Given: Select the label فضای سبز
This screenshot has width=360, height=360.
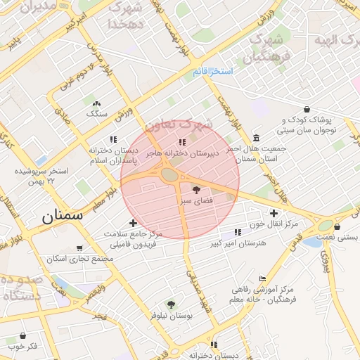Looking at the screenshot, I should [196, 200].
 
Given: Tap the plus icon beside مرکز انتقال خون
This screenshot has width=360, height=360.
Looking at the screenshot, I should [274, 212].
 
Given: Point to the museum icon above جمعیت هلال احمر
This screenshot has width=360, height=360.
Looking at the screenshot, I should [256, 137].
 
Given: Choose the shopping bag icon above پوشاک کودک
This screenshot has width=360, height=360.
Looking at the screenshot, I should [307, 110].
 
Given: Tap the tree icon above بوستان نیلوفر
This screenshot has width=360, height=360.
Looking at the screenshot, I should [170, 304].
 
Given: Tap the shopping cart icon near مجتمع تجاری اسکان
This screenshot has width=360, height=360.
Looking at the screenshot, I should [80, 247].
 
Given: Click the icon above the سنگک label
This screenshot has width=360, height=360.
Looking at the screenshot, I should [96, 103].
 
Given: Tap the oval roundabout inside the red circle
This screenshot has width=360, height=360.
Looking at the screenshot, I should [169, 174].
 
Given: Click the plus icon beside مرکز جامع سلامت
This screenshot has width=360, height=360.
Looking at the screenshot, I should [132, 223].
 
